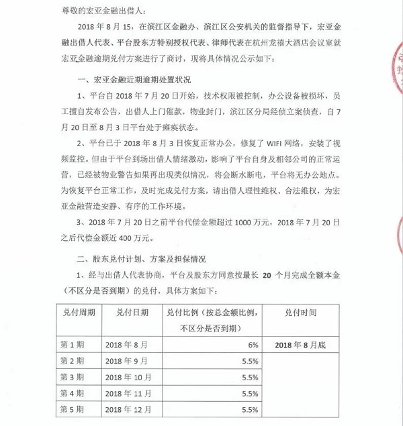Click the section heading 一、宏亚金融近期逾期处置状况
(x=137, y=78)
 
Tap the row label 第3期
(x=72, y=376)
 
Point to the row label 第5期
(x=72, y=409)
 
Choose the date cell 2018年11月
(x=131, y=392)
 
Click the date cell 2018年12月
(x=131, y=409)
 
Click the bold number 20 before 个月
(x=268, y=274)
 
